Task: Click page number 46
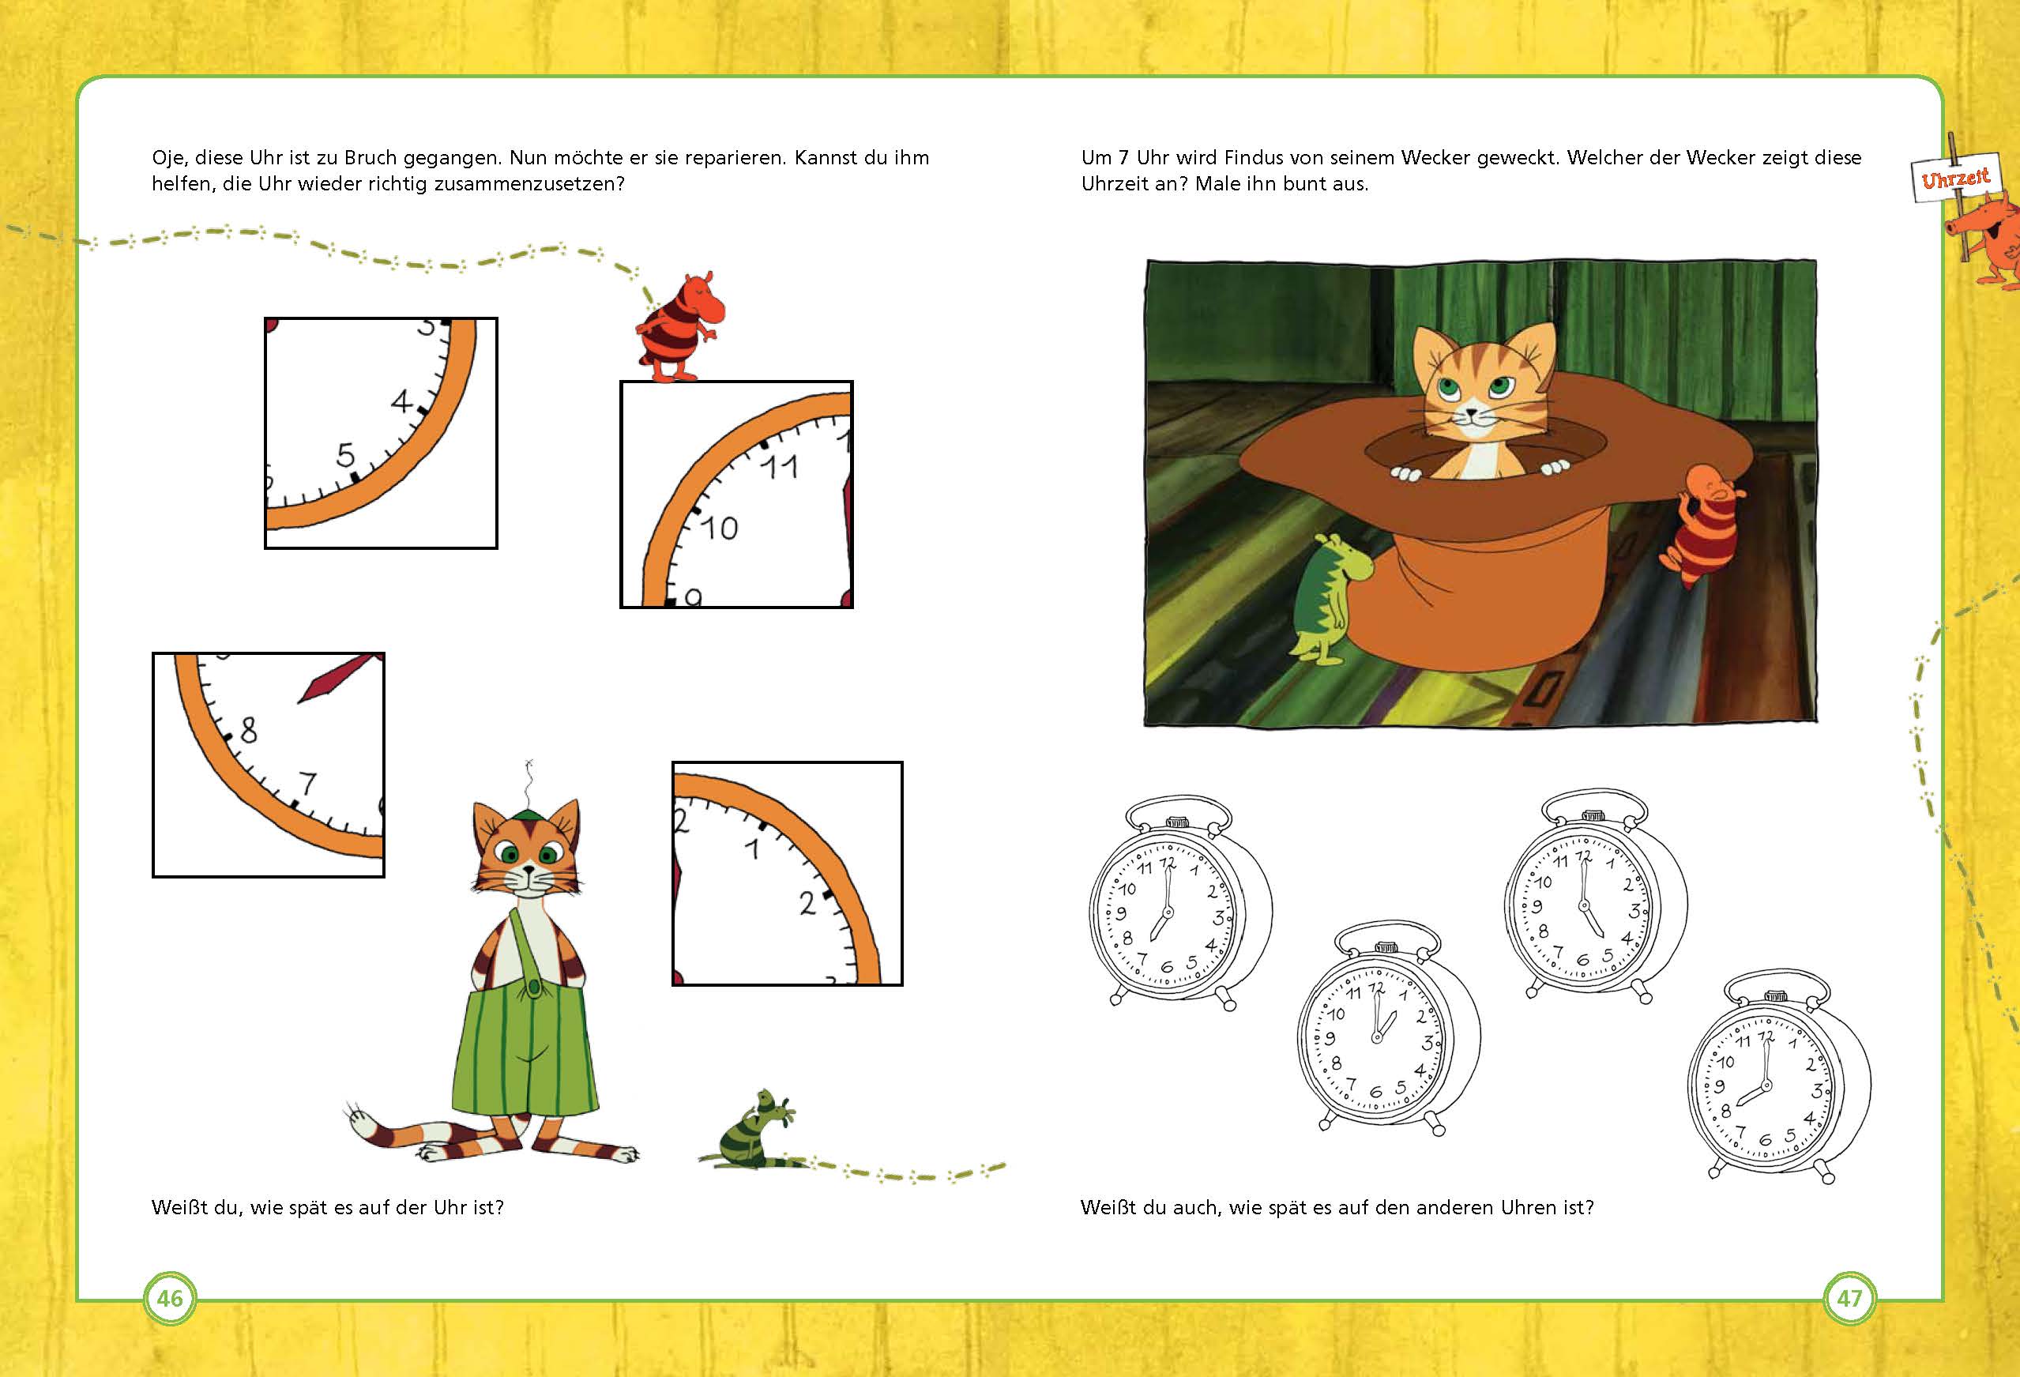pos(170,1299)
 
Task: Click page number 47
pos(1848,1299)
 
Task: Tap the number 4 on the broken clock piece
pos(401,401)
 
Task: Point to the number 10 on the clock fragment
pos(719,528)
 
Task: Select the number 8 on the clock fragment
pos(249,729)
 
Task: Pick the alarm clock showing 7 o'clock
pos(1180,905)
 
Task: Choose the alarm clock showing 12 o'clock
pos(1388,1029)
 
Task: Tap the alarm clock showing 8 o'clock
pos(1779,1077)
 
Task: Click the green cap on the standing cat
pos(526,815)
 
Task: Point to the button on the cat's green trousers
pos(532,988)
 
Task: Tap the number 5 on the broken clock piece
pos(346,454)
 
